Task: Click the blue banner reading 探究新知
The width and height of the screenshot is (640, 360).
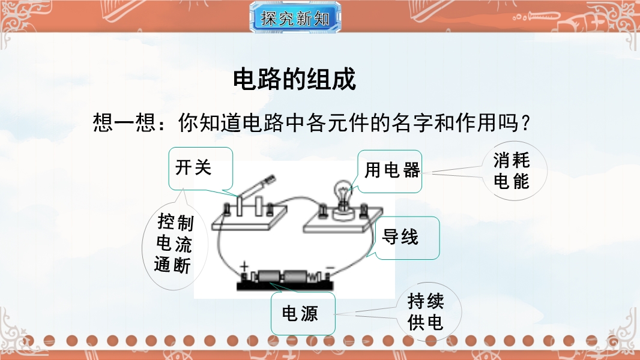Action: pyautogui.click(x=295, y=17)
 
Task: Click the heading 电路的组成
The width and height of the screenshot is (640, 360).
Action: pyautogui.click(x=294, y=79)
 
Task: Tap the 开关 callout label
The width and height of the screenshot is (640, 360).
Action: pyautogui.click(x=201, y=168)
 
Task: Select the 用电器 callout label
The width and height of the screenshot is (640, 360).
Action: pyautogui.click(x=390, y=171)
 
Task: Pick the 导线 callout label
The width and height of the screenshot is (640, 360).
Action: pyautogui.click(x=407, y=238)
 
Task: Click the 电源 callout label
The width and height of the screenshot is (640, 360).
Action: pyautogui.click(x=303, y=314)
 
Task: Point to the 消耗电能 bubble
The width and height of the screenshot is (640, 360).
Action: pyautogui.click(x=514, y=171)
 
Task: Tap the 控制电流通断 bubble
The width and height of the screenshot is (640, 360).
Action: pyautogui.click(x=175, y=244)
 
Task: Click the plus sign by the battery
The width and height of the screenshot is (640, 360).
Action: pyautogui.click(x=244, y=267)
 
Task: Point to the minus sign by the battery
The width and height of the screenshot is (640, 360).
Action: pyautogui.click(x=330, y=268)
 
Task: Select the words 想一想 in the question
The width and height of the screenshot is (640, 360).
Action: pyautogui.click(x=124, y=122)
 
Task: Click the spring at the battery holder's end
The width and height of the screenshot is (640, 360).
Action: pyautogui.click(x=313, y=278)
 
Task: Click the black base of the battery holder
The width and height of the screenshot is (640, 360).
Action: pyautogui.click(x=286, y=286)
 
